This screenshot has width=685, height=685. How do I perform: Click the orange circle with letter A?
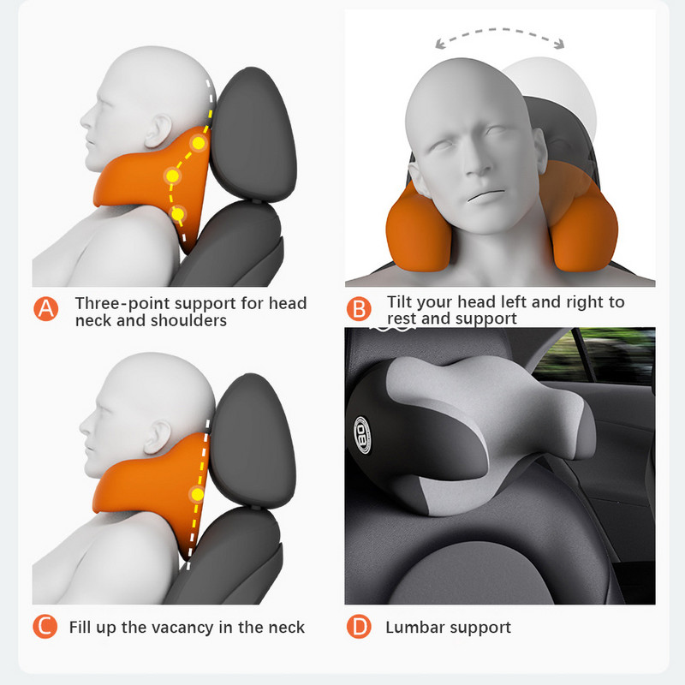46,309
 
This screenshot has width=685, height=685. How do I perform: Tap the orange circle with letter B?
359,309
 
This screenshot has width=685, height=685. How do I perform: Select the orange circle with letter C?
45,626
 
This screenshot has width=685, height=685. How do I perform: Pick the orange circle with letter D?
359,626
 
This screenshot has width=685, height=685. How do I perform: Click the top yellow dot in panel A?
199,143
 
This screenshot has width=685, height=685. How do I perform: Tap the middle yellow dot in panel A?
173,176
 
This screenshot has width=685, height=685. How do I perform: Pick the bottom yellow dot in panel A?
178,215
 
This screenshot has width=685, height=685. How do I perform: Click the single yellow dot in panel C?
198,495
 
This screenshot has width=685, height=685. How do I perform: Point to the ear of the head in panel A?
158,131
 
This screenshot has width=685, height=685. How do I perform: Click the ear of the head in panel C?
158,437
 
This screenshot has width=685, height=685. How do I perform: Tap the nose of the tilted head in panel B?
477,164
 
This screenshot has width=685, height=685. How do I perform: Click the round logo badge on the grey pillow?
362,435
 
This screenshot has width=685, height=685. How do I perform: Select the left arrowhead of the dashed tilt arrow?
440,44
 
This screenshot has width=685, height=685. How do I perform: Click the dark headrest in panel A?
252,134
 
